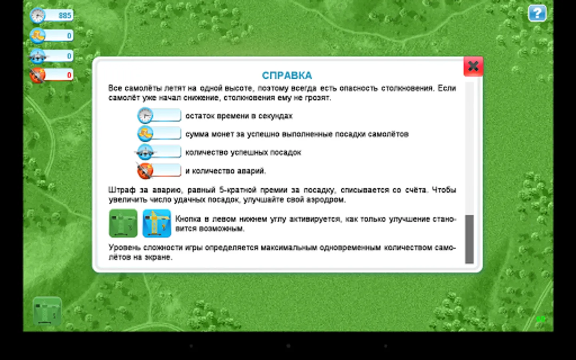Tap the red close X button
click(473, 66)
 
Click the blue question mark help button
click(537, 13)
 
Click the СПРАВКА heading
click(287, 76)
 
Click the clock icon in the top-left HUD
click(38, 15)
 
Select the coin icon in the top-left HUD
click(38, 35)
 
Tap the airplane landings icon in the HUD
click(38, 56)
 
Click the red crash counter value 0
click(69, 75)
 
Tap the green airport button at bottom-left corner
click(47, 311)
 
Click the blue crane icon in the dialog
click(157, 223)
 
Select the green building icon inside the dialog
click(123, 223)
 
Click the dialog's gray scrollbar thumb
click(469, 239)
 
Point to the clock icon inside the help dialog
click(145, 115)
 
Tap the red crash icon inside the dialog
click(145, 170)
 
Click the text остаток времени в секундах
click(239, 116)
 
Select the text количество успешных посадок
click(243, 152)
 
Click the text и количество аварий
click(226, 171)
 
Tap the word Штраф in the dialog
click(122, 190)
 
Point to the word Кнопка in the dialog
click(188, 219)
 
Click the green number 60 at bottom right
click(540, 319)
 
